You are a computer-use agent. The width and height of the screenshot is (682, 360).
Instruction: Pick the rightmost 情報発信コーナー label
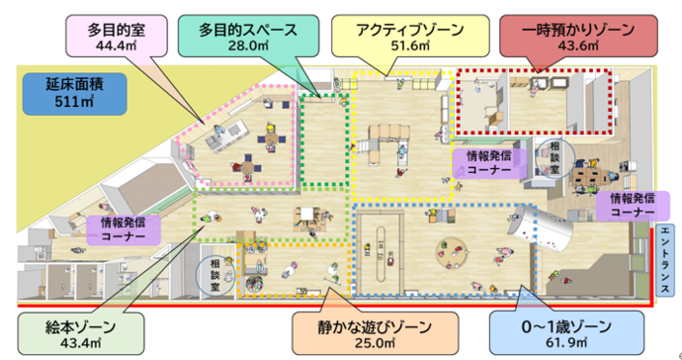[627, 204]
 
